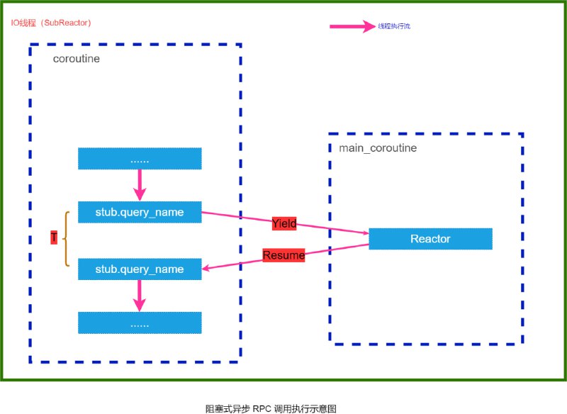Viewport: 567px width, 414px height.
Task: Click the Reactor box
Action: [430, 239]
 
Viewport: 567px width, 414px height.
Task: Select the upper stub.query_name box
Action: [140, 212]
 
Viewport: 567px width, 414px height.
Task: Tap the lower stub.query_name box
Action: [140, 269]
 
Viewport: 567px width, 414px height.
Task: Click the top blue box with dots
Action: [140, 160]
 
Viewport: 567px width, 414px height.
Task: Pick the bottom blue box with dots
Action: [140, 323]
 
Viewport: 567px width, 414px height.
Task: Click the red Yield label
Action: [283, 224]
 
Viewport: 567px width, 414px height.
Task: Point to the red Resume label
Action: [283, 255]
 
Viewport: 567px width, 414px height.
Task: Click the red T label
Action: [54, 239]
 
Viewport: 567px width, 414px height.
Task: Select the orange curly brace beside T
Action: [66, 239]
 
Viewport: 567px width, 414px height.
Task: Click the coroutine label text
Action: [77, 59]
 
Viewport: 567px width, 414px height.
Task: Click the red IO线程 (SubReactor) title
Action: [51, 23]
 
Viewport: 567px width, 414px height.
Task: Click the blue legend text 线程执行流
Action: [394, 26]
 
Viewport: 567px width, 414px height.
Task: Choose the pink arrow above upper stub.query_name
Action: [140, 186]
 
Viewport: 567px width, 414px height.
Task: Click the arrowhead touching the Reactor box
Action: [365, 233]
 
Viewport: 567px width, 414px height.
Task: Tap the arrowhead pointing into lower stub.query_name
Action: [206, 269]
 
